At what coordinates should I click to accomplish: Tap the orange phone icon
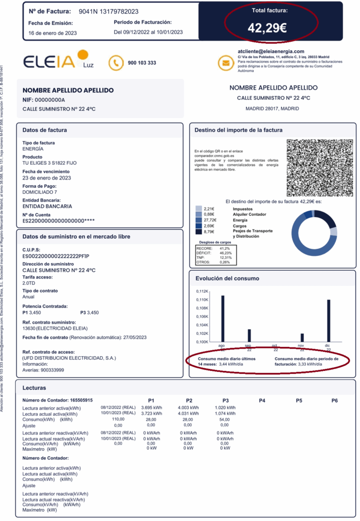(x=116, y=63)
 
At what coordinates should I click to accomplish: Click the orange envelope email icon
(x=225, y=63)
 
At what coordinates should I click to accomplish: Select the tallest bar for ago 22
(x=223, y=318)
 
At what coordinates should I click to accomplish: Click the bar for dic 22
(x=328, y=321)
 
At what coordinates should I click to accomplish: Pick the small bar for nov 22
(x=302, y=337)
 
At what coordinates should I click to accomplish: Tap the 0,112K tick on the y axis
(x=202, y=292)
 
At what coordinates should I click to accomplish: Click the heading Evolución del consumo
(x=227, y=278)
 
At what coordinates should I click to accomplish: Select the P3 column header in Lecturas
(x=225, y=400)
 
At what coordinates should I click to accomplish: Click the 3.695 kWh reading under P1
(x=151, y=408)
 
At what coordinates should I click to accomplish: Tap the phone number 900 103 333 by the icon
(x=142, y=63)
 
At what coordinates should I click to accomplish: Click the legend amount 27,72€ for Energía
(x=209, y=220)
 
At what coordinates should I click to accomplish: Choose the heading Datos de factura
(x=45, y=130)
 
